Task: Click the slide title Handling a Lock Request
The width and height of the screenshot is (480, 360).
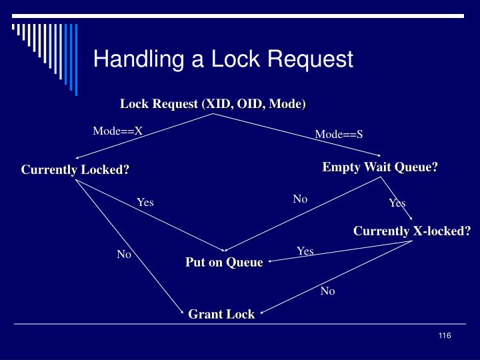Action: (223, 59)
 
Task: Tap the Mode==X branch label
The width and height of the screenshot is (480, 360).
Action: (117, 130)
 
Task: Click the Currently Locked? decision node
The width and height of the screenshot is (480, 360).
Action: (75, 169)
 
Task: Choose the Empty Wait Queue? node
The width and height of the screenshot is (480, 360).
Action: (380, 167)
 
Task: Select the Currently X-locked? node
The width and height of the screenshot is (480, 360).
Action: (412, 231)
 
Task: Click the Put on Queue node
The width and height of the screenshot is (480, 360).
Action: (224, 262)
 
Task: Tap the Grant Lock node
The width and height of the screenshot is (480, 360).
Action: (221, 313)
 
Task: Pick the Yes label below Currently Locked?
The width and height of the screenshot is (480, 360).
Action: (145, 202)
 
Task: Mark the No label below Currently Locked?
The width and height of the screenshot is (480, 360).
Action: (124, 254)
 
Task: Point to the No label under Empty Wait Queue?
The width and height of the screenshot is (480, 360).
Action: (300, 199)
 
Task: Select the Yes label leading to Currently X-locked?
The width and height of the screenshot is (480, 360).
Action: (397, 203)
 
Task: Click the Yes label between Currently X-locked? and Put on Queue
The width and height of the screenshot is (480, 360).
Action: (305, 251)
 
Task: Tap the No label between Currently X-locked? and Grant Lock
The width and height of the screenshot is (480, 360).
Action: (327, 291)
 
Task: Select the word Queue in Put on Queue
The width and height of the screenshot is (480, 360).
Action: (243, 262)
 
